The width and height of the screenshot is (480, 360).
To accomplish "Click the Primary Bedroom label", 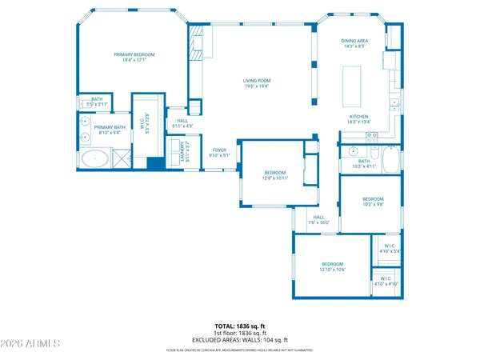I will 134,57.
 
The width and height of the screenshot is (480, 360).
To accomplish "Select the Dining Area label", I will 355,42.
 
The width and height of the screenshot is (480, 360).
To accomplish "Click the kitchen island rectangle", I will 352,86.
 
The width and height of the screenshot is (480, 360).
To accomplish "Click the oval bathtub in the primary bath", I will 95,158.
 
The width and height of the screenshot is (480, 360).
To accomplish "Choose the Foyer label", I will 219,152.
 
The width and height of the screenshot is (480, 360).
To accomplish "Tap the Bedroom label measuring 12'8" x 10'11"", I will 275,175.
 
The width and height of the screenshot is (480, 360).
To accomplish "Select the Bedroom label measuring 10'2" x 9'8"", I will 373,202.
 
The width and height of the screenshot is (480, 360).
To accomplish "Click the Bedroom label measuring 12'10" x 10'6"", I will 333,266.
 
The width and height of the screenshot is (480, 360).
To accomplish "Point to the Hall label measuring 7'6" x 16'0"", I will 318,220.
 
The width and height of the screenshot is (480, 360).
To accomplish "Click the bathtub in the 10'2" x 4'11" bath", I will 391,161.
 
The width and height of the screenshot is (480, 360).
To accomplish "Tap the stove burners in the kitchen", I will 372,136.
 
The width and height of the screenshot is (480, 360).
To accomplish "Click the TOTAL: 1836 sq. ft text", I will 239,326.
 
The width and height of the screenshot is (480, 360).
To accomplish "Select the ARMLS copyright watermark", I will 31,345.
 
